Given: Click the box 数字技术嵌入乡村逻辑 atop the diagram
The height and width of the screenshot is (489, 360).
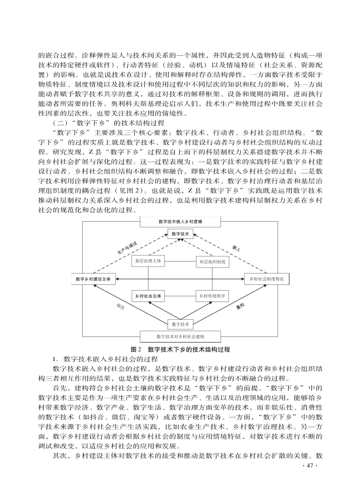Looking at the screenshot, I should coord(181,221).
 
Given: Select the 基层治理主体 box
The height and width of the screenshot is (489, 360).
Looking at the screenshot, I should coord(148,261).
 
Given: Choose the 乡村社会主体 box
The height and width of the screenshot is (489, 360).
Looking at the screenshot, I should coord(148,296).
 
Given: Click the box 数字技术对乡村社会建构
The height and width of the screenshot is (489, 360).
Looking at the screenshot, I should coord(181,336).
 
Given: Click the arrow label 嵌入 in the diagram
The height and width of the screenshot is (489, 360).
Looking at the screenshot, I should coord(236,248).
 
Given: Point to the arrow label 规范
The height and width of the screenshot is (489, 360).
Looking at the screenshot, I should coord(120,306).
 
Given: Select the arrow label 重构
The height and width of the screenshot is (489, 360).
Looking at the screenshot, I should coord(240,307).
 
